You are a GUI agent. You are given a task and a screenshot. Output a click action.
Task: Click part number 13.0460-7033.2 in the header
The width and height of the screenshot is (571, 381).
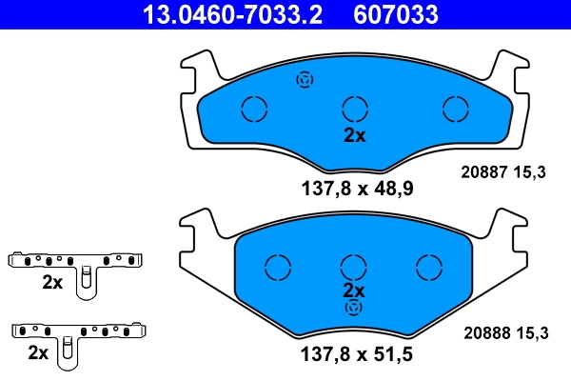[x=232, y=14]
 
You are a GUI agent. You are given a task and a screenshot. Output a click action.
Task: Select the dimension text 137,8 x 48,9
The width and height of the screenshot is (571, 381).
[x=354, y=188]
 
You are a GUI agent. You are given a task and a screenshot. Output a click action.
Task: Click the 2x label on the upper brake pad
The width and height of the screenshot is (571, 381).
[x=354, y=135]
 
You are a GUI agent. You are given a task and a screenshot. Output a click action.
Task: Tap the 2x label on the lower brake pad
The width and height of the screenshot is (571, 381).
[x=354, y=290]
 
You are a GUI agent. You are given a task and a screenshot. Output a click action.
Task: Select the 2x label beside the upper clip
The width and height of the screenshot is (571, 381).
[x=51, y=283]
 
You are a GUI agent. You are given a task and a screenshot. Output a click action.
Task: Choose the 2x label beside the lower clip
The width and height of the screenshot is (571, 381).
[x=39, y=352]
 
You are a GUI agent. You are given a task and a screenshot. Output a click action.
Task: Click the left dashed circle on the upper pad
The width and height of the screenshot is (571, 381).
[x=254, y=110]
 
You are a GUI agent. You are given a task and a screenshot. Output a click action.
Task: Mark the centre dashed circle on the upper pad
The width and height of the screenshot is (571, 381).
[x=354, y=110]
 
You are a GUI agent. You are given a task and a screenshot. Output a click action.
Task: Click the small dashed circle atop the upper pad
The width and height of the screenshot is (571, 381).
[x=305, y=80]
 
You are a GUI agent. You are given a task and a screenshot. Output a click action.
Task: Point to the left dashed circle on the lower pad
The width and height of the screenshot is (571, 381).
[x=277, y=267]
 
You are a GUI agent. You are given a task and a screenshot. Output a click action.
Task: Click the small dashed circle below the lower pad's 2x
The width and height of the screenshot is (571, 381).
[x=354, y=308]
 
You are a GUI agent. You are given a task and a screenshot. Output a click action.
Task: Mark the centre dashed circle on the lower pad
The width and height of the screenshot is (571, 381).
[x=354, y=267]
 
